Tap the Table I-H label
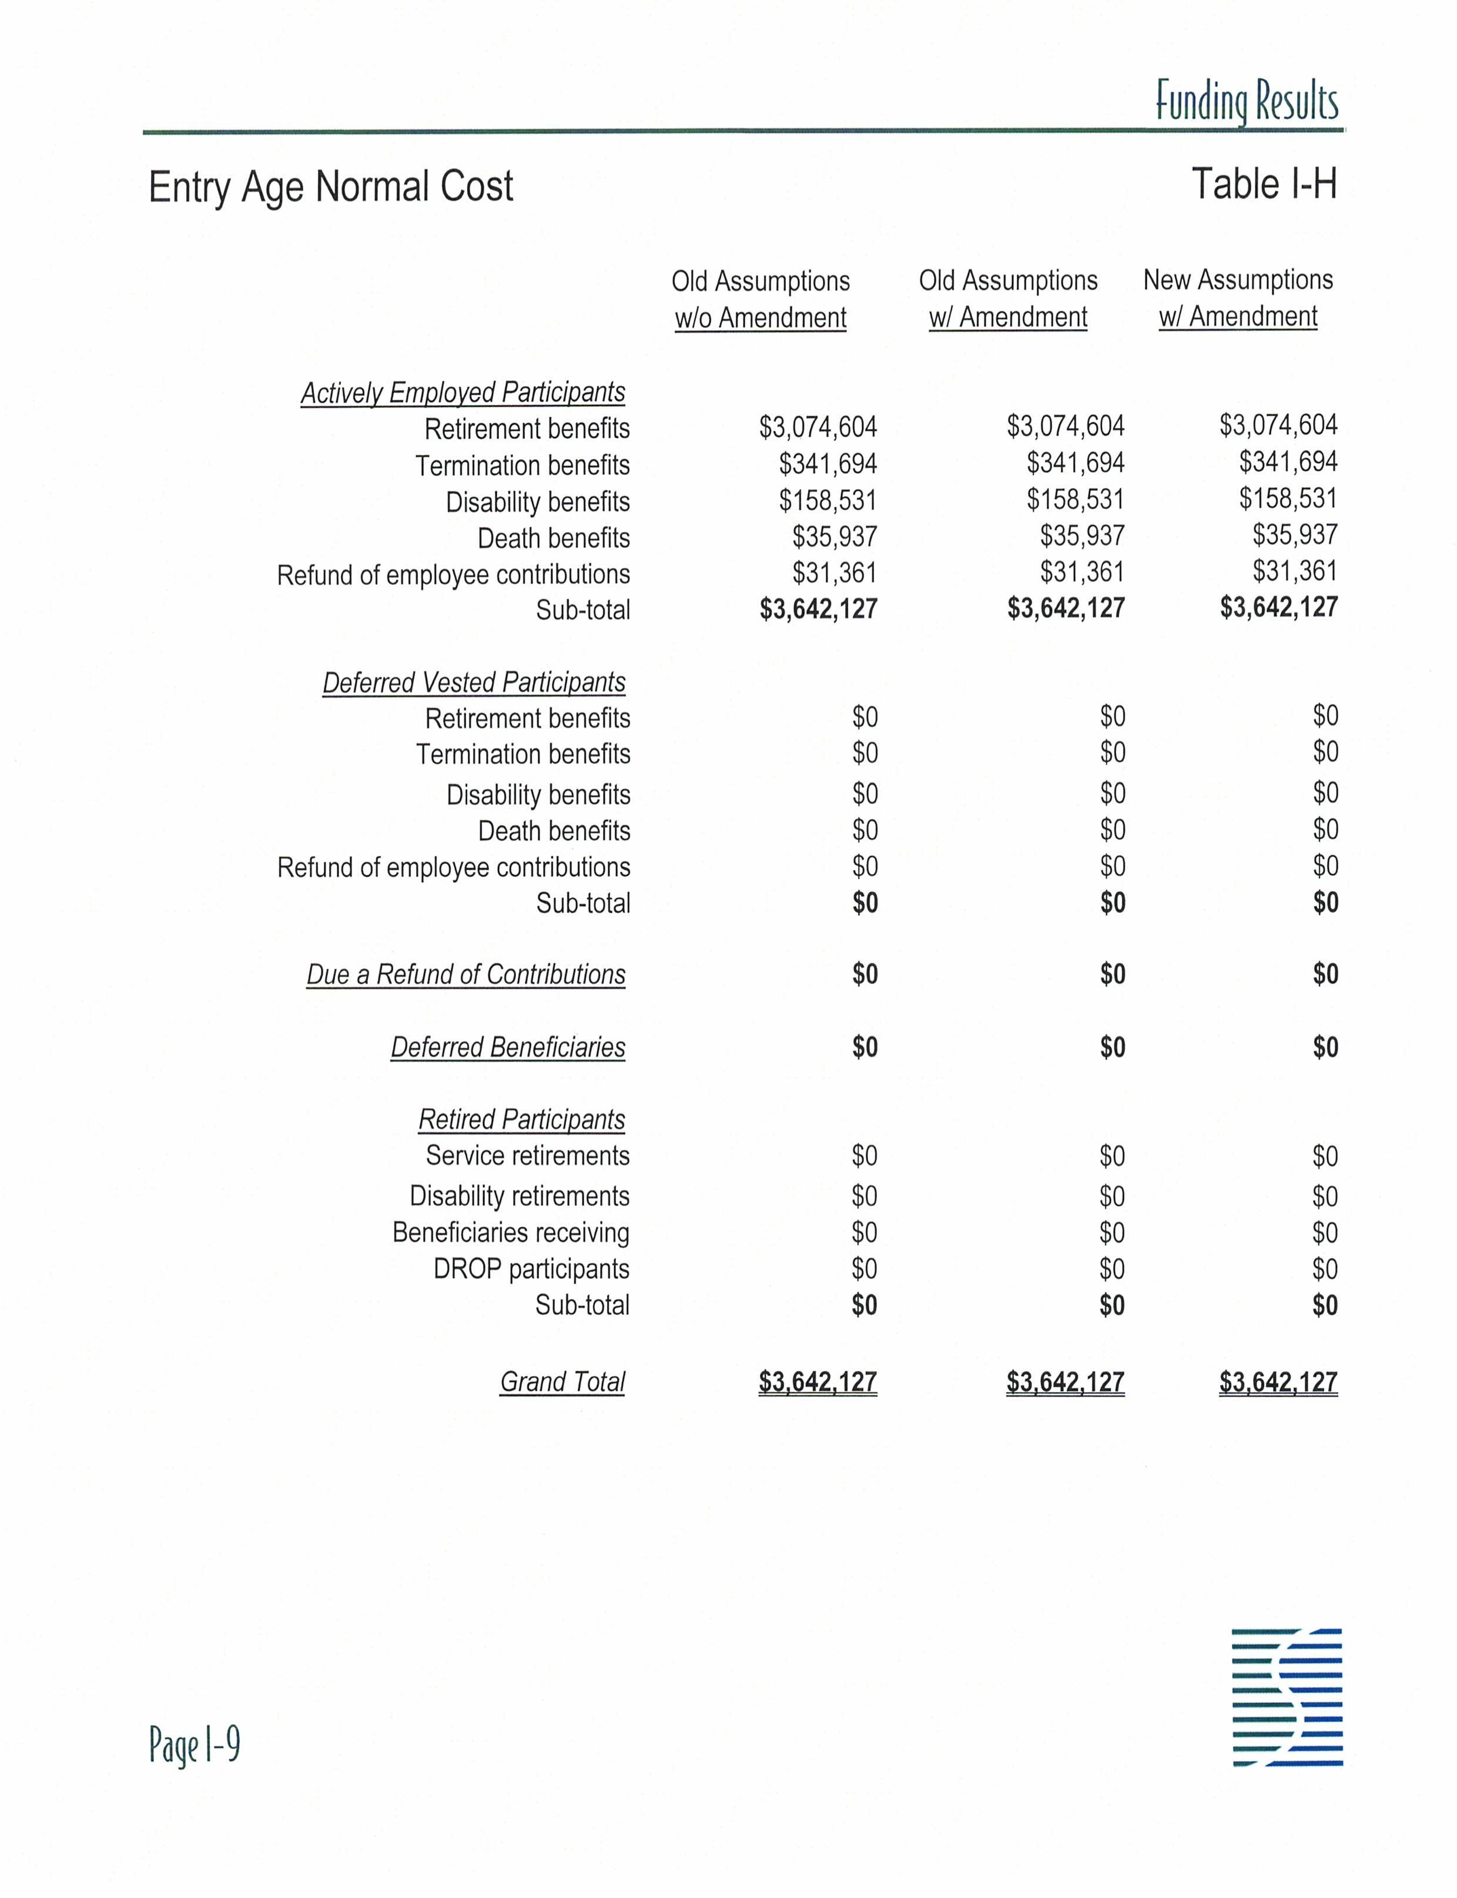(x=1264, y=185)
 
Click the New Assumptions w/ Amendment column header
(x=1238, y=299)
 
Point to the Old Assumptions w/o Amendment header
(x=761, y=300)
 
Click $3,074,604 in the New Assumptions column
(x=1278, y=425)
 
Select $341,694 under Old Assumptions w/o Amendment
(x=828, y=464)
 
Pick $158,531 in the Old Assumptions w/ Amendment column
(x=1076, y=500)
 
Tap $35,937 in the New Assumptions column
(x=1295, y=534)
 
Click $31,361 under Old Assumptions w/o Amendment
(x=835, y=573)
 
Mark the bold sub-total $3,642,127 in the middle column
(x=1066, y=608)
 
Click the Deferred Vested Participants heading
(x=474, y=682)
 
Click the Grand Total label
(x=562, y=1382)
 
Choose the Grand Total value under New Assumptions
(x=1278, y=1382)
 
